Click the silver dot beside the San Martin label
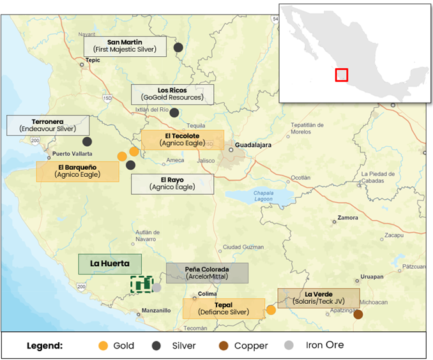(178, 47)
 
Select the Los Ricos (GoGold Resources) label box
(172, 94)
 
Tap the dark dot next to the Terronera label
(87, 142)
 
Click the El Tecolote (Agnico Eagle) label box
(182, 140)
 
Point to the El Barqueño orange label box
(77, 171)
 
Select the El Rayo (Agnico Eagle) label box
(172, 184)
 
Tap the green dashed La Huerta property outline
(141, 283)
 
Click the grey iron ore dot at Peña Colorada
(156, 288)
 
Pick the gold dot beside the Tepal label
(271, 310)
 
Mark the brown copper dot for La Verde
(358, 314)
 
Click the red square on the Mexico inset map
(342, 75)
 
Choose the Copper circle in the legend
(224, 345)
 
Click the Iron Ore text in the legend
(324, 345)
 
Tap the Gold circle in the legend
(102, 345)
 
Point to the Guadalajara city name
(254, 145)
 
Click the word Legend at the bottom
(44, 345)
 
